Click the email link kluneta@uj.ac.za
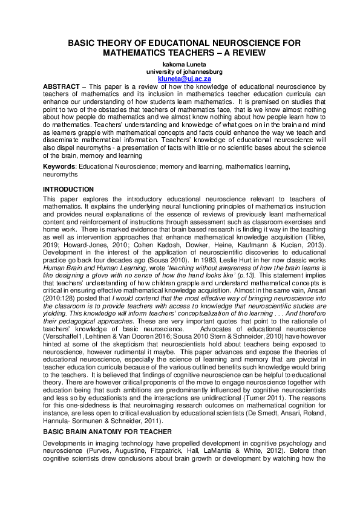[x=180, y=79]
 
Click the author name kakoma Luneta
[x=180, y=64]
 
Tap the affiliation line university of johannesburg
[x=180, y=71]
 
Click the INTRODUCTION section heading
[x=68, y=189]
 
